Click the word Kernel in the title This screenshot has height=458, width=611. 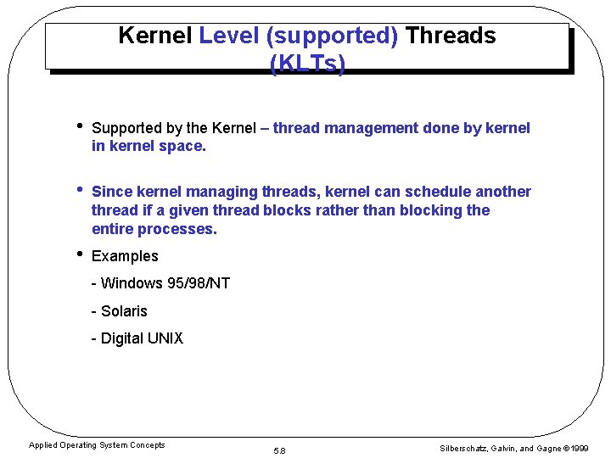[x=155, y=36]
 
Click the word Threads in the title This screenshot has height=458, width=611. [x=451, y=36]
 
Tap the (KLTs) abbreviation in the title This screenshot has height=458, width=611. [x=307, y=64]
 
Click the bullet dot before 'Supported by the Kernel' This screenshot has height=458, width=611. [x=77, y=126]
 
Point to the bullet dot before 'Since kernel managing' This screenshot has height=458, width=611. [x=77, y=190]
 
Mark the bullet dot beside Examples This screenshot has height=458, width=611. [x=77, y=254]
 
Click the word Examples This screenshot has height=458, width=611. [x=125, y=256]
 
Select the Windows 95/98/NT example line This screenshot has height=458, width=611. [x=160, y=283]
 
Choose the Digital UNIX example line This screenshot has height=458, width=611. [x=137, y=338]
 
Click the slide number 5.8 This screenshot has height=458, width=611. [x=279, y=450]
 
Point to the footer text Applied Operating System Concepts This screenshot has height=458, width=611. [x=97, y=445]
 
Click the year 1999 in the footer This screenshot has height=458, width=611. [x=581, y=448]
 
